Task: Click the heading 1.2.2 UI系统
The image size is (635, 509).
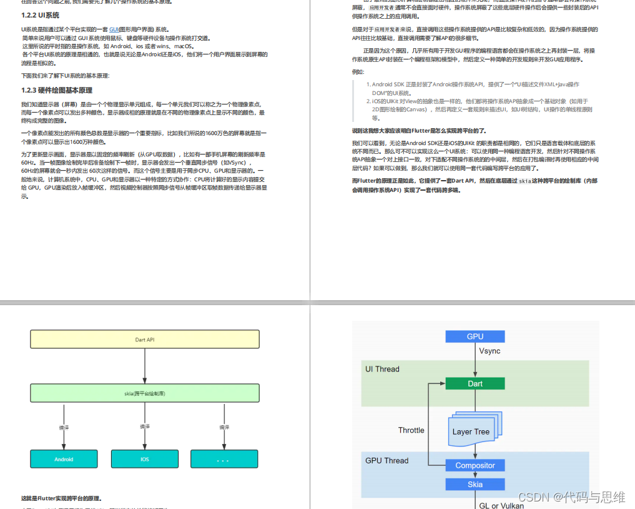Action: coord(40,15)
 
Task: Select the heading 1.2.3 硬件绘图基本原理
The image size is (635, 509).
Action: coord(56,91)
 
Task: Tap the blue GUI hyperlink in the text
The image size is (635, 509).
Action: coord(114,29)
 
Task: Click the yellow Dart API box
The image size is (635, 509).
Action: coord(145,340)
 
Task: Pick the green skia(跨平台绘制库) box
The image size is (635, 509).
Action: coord(145,393)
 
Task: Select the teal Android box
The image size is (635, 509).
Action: coord(64,459)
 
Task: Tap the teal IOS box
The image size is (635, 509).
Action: coord(145,459)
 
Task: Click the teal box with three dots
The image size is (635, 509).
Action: coord(224,459)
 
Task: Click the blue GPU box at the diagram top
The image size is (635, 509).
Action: coord(475,336)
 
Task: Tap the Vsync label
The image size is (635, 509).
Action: coord(490,351)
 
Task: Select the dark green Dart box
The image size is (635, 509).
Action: coord(475,383)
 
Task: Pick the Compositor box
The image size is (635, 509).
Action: coord(475,465)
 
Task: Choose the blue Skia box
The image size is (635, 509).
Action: coord(475,485)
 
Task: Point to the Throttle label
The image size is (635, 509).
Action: coord(411,430)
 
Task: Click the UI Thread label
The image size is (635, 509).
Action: coord(382,369)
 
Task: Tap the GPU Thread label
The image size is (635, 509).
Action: coord(386,460)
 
